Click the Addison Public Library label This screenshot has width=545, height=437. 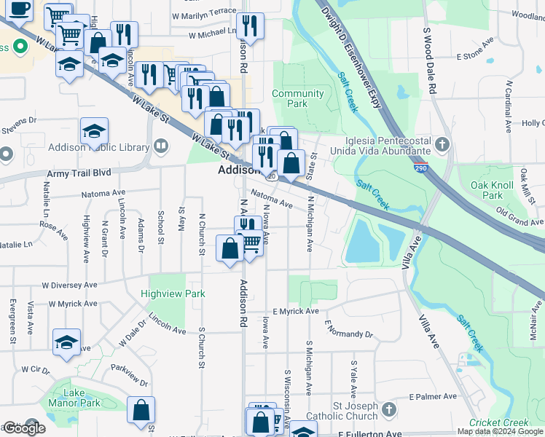(x=98, y=147)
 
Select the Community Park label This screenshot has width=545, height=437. (x=297, y=98)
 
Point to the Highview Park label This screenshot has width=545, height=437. (x=174, y=294)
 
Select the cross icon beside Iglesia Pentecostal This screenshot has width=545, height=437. (x=442, y=144)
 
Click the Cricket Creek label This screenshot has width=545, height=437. (x=498, y=422)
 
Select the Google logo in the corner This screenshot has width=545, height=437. (x=23, y=428)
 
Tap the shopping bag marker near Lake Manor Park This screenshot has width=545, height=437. (x=141, y=409)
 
